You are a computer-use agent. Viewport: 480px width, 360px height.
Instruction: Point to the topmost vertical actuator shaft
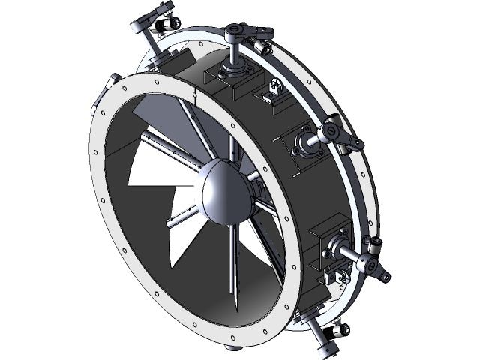(x=233, y=52)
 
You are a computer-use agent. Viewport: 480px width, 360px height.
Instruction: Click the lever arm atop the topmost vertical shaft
(x=244, y=31)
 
